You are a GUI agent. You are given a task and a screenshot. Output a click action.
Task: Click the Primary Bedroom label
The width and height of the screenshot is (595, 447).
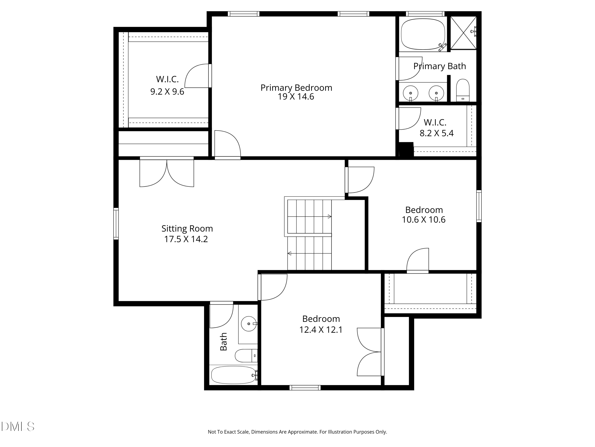click(x=296, y=88)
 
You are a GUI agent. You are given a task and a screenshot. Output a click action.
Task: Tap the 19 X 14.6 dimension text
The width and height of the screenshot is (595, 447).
click(x=296, y=97)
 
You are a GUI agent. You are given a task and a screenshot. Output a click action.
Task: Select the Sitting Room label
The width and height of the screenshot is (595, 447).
click(x=187, y=228)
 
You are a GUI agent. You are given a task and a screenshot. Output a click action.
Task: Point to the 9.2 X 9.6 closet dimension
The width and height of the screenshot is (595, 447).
click(x=167, y=92)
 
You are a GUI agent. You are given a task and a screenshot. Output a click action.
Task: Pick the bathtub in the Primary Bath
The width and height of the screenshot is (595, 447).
click(x=423, y=34)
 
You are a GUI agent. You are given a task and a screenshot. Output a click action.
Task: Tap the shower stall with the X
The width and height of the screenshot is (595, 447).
click(x=463, y=33)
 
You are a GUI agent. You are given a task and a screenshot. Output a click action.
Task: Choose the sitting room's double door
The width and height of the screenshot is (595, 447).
click(x=167, y=173)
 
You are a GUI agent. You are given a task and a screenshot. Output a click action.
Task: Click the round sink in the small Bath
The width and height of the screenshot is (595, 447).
click(x=249, y=324)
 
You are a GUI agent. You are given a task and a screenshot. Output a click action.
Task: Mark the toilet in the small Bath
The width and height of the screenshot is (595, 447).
click(x=246, y=356)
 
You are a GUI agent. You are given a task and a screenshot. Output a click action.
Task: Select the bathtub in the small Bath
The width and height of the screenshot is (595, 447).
click(x=233, y=375)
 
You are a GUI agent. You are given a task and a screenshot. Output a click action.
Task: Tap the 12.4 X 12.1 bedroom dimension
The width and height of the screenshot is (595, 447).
click(x=321, y=330)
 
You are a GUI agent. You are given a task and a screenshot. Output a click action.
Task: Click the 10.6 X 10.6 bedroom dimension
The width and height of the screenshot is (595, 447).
click(x=423, y=220)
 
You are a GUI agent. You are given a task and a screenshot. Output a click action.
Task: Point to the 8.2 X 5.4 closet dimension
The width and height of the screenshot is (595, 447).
click(x=437, y=133)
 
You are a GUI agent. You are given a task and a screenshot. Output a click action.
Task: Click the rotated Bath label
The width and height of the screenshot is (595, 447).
click(x=224, y=342)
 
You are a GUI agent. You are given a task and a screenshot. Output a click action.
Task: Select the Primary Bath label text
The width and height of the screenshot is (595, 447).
click(x=440, y=66)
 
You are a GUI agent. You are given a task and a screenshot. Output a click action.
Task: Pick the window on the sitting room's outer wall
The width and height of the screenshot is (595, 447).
click(x=116, y=224)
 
